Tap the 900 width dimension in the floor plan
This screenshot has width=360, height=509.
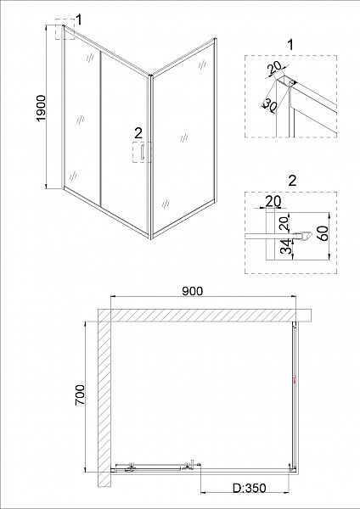(193, 291)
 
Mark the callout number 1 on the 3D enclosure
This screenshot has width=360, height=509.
(78, 19)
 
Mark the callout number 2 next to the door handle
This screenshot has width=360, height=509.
(138, 132)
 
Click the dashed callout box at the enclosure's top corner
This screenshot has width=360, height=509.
(65, 31)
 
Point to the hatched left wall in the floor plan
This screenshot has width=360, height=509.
(104, 399)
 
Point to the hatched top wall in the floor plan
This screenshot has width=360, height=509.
(204, 315)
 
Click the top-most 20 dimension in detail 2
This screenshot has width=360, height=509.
(273, 202)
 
